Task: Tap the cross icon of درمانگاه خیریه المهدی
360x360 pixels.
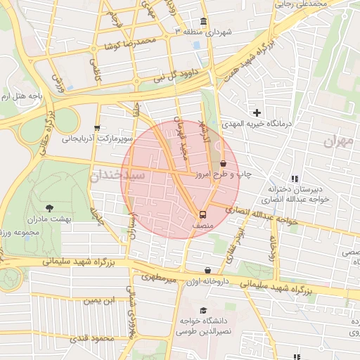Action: pyautogui.click(x=257, y=112)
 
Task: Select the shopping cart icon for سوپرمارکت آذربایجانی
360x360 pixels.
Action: pyautogui.click(x=96, y=128)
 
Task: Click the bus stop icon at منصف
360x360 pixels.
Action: pyautogui.click(x=202, y=214)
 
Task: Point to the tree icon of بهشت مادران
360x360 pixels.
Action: pyautogui.click(x=49, y=208)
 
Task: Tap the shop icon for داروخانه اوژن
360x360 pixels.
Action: pyautogui.click(x=207, y=271)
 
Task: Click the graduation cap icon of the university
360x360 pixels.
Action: pyautogui.click(x=203, y=310)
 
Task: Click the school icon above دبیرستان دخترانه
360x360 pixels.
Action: pyautogui.click(x=294, y=179)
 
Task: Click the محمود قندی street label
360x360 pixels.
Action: pyautogui.click(x=94, y=340)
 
